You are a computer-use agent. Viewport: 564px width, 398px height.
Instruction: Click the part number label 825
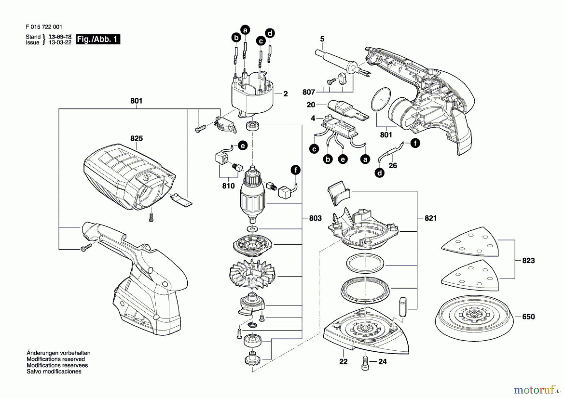coord(136,138)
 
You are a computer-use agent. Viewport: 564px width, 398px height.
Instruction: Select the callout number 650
coord(528,317)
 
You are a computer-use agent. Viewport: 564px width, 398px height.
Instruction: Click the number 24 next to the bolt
coord(383,362)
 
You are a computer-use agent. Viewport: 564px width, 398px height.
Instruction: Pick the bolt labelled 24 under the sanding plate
coord(365,363)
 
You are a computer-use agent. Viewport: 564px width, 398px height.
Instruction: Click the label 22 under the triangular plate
coord(343,362)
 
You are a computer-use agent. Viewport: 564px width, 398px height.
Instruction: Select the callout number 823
coord(528,261)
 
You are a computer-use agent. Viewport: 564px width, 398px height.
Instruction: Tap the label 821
coord(431,218)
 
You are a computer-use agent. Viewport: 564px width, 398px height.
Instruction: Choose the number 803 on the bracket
coord(315,218)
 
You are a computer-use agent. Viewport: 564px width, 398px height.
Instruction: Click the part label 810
coord(228,186)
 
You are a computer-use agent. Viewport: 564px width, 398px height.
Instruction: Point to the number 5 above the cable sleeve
coord(322,39)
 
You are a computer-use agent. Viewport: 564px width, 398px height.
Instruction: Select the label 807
coord(309,92)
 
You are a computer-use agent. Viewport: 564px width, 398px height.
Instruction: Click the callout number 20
coord(311,105)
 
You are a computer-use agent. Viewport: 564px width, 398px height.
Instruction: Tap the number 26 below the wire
coord(393,166)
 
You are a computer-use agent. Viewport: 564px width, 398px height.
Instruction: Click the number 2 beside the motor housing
coord(285,94)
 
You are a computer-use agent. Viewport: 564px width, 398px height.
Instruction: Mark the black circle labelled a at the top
coord(245,30)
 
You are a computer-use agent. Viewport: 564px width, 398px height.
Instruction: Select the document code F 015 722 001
coord(44,27)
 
